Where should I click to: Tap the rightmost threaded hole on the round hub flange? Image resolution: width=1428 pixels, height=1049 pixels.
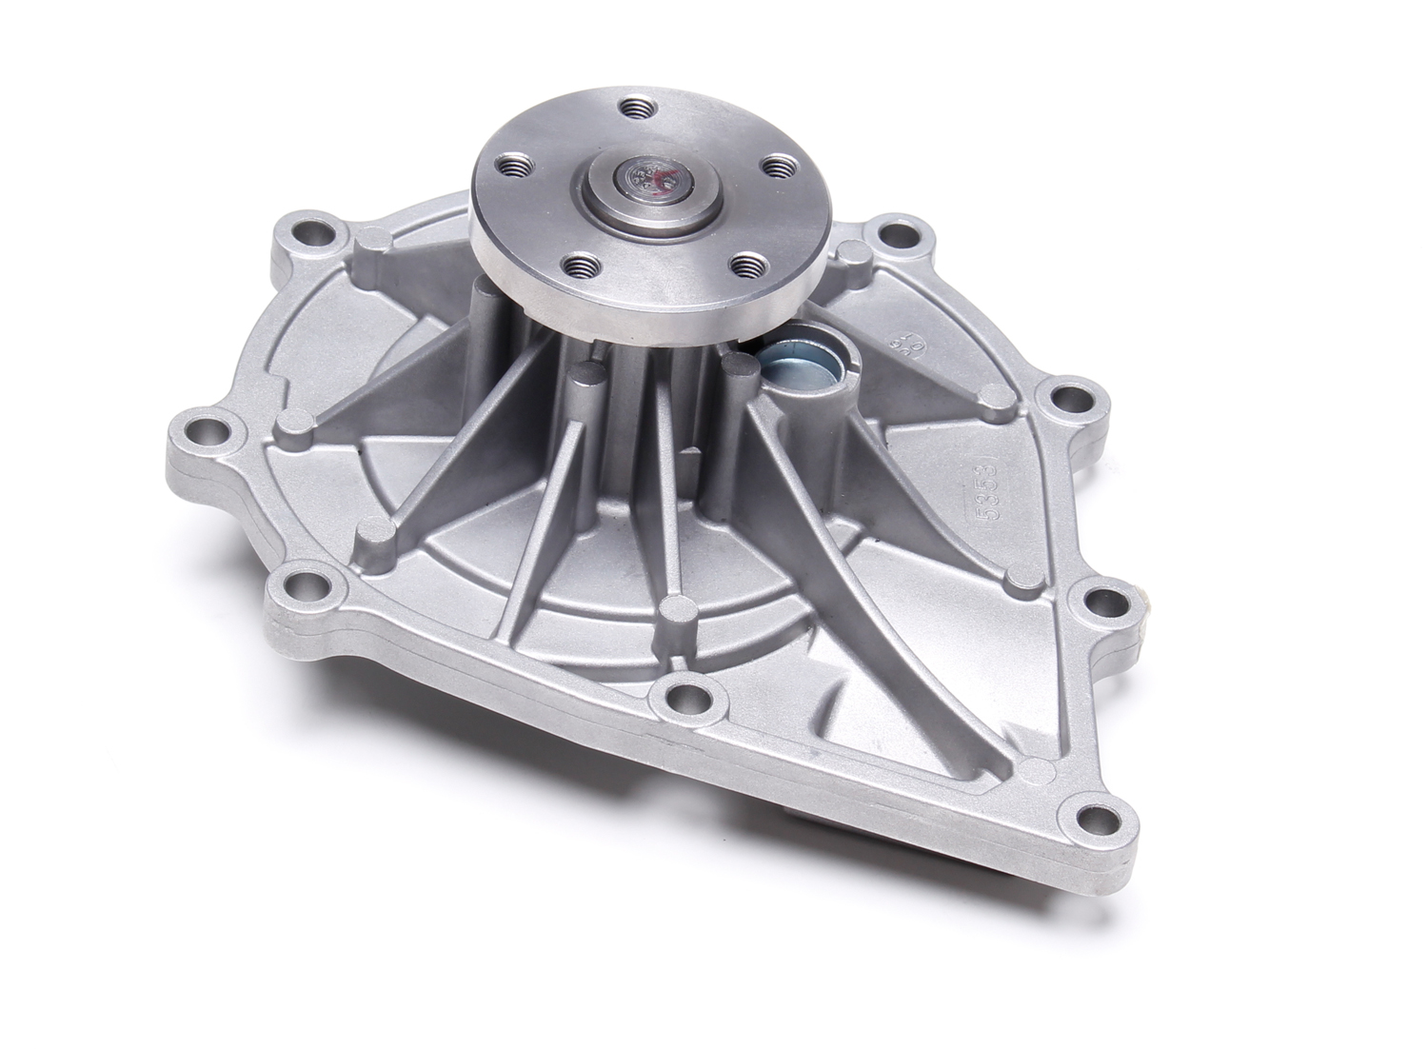point(779,167)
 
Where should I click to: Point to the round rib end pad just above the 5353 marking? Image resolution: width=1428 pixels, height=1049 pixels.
point(992,398)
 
